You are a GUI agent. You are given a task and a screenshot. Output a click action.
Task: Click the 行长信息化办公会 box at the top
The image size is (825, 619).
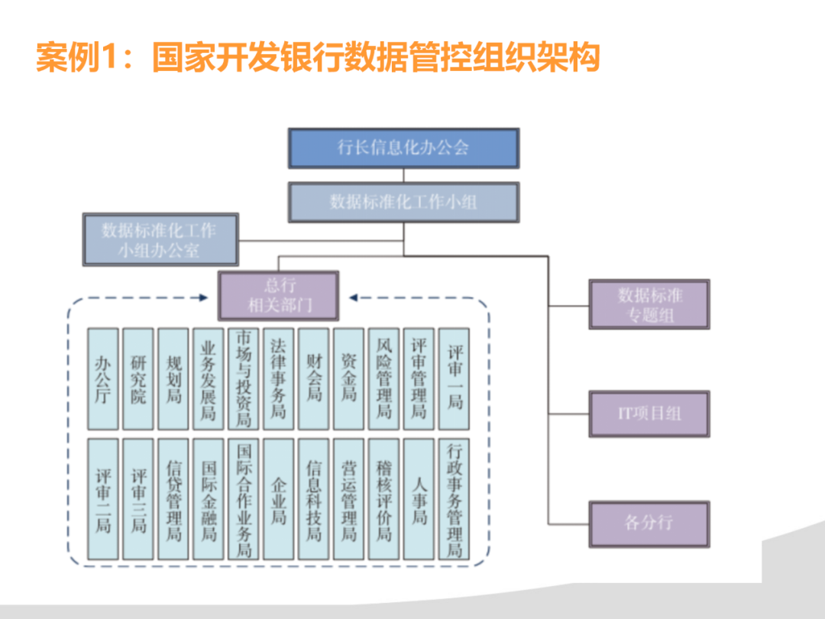point(403,148)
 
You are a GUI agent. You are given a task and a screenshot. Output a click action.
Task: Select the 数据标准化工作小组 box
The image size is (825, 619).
point(403,202)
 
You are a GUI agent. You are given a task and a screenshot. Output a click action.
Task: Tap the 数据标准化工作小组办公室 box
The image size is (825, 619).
point(160,240)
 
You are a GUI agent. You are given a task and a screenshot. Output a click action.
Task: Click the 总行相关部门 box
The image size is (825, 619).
point(279,296)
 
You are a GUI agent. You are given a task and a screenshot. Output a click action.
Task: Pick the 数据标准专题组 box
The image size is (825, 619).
point(649,304)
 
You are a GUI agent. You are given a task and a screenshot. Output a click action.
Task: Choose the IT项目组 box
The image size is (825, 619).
point(649,414)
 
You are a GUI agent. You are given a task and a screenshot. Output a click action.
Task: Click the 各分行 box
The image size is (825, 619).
point(649,523)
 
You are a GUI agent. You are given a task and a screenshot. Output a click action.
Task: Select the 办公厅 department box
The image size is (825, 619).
point(103,379)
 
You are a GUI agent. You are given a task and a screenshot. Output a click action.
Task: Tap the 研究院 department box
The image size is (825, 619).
point(138,379)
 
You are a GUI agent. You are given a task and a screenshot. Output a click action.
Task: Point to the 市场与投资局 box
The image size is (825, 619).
point(244,379)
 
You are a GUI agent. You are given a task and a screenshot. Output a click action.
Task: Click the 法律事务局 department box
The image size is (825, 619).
point(279,379)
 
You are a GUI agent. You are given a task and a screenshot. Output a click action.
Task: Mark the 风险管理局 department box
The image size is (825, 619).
point(384,379)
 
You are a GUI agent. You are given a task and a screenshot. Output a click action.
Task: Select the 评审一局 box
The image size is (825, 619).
point(455,379)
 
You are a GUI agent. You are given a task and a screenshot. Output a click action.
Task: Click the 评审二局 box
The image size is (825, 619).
point(103,499)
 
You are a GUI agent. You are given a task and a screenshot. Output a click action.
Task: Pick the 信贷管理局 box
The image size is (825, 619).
point(173,499)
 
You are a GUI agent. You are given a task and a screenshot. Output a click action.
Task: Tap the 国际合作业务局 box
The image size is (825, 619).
point(244,499)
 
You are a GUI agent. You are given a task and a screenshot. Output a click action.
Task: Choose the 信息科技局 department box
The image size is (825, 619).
point(314,499)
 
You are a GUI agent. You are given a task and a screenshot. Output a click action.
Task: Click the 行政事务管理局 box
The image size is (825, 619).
point(455,499)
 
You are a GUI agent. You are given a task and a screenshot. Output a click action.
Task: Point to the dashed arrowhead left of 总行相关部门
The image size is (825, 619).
point(203,297)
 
